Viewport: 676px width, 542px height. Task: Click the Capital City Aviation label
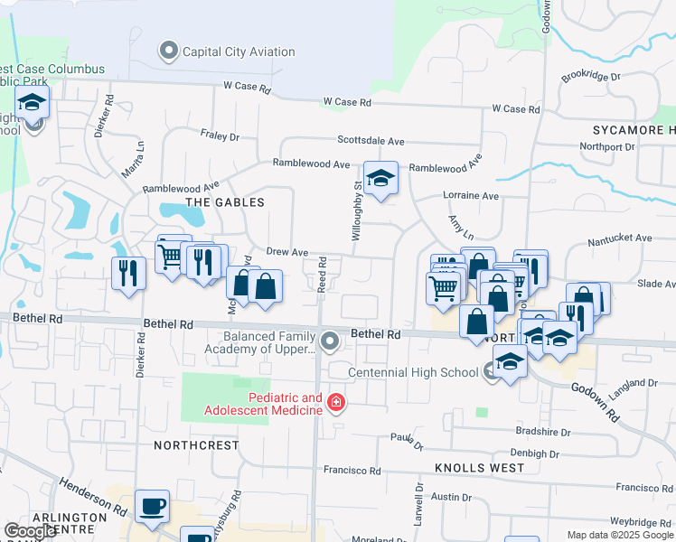(x=239, y=51)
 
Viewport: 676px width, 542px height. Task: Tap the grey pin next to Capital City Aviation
(x=169, y=51)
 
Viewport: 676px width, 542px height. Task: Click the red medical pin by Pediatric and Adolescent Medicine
(x=336, y=402)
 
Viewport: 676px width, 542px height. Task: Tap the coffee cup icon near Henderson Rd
(x=152, y=506)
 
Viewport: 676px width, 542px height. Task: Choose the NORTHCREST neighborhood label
(x=196, y=445)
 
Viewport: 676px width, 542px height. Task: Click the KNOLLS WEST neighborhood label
(x=479, y=468)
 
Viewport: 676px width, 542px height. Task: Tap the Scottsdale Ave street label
(x=371, y=141)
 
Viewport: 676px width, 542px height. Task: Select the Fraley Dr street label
(x=220, y=136)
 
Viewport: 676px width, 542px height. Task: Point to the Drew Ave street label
(x=287, y=253)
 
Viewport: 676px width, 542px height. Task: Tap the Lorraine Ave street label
(x=471, y=195)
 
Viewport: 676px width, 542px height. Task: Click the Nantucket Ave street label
(x=619, y=238)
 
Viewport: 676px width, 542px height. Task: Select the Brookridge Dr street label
(x=591, y=77)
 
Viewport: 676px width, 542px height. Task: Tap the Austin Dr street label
(x=446, y=497)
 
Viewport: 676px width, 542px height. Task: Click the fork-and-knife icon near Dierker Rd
(x=128, y=272)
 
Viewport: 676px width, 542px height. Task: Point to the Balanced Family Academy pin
(x=330, y=341)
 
